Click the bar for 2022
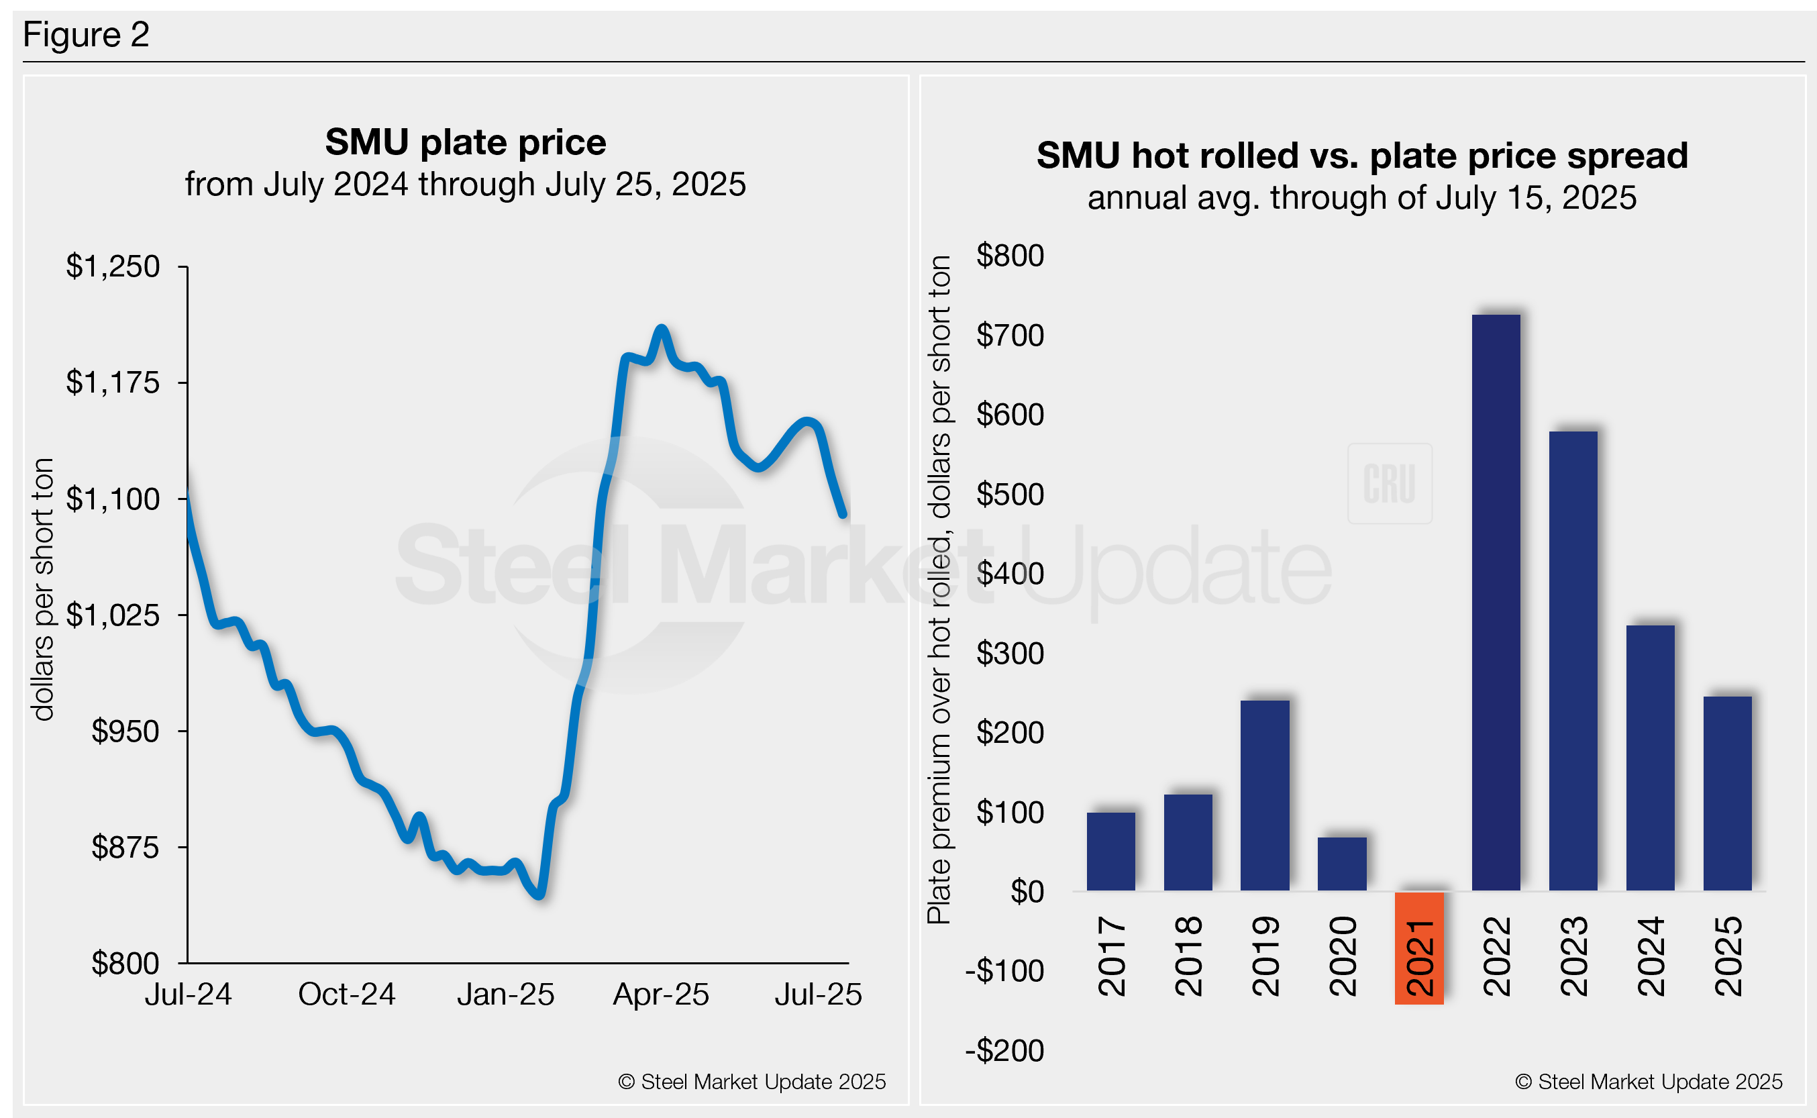tap(1496, 603)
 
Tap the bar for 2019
tap(1264, 795)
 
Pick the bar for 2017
tap(1110, 851)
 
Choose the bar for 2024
tap(1650, 758)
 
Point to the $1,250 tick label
tap(112, 266)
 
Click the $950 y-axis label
tap(125, 731)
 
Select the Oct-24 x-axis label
tap(347, 995)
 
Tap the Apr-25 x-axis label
tap(661, 995)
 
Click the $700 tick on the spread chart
tap(1010, 336)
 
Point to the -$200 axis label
tap(1004, 1051)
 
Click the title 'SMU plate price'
tap(466, 142)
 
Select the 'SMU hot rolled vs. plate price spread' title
tap(1361, 156)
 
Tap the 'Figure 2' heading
tap(87, 35)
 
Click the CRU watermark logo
tap(1390, 484)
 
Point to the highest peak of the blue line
tap(662, 328)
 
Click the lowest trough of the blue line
tap(540, 895)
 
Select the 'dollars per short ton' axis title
tap(43, 589)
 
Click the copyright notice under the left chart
tap(751, 1082)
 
